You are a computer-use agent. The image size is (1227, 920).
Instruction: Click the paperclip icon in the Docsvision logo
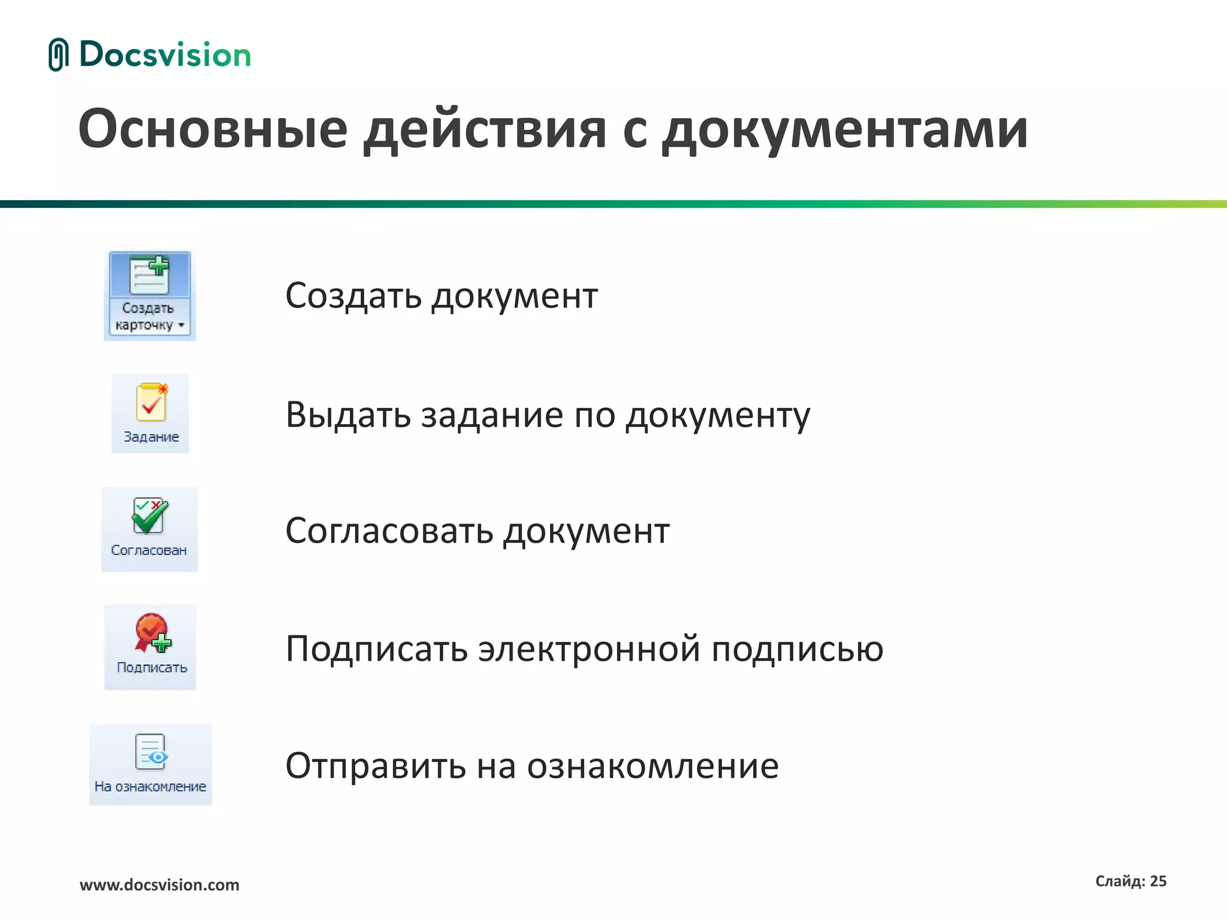[58, 55]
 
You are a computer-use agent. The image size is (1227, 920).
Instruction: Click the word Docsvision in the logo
[165, 55]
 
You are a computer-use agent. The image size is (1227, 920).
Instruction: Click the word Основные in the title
[213, 129]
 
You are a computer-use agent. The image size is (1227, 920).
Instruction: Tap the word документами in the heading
[845, 130]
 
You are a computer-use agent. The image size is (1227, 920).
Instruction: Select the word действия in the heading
[485, 130]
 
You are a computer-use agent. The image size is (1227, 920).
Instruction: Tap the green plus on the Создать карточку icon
[159, 265]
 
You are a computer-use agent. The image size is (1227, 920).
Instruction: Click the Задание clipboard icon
[151, 402]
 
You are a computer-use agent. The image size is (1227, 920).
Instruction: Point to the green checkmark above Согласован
[149, 517]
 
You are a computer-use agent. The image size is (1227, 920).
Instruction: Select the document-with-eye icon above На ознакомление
[150, 752]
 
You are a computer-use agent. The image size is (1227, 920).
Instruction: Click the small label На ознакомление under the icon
[150, 786]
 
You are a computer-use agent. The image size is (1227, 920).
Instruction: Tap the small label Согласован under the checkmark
[149, 550]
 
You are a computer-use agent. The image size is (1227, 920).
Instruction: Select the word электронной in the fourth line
[590, 649]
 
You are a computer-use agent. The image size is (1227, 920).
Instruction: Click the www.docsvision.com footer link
[159, 885]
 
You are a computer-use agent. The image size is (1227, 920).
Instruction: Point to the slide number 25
[1158, 881]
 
